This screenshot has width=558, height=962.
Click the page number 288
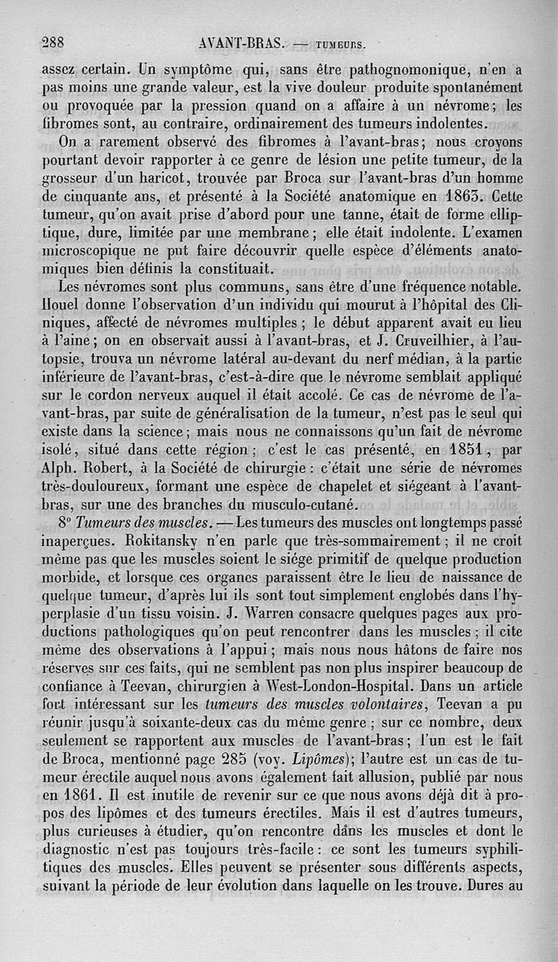pyautogui.click(x=52, y=42)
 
